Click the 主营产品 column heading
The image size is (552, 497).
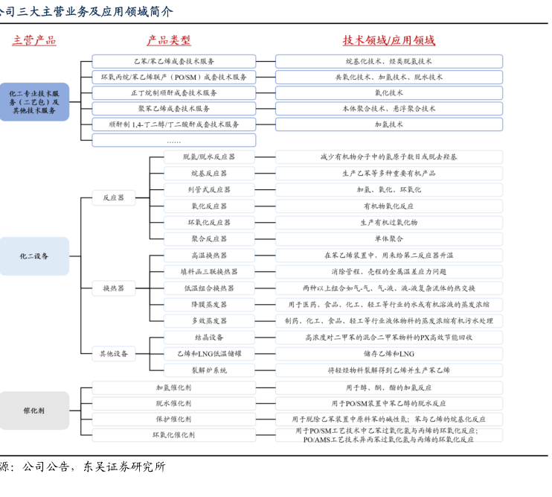point(33,40)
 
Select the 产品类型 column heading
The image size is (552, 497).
point(169,40)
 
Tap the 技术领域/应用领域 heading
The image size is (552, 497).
point(388,40)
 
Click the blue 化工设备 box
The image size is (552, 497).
point(34,256)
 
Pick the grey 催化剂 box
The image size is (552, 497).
point(34,411)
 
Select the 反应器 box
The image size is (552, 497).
point(114,198)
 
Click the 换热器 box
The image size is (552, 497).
point(114,288)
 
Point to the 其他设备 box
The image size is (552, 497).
point(114,354)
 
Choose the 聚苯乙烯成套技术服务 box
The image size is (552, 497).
point(173,109)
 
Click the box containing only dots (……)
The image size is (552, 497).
point(173,140)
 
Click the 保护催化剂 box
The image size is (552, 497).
point(173,419)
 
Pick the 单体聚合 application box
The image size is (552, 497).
point(388,239)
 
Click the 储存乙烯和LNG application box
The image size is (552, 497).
point(388,354)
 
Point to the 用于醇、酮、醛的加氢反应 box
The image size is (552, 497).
point(388,387)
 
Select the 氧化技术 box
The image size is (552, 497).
point(388,93)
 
